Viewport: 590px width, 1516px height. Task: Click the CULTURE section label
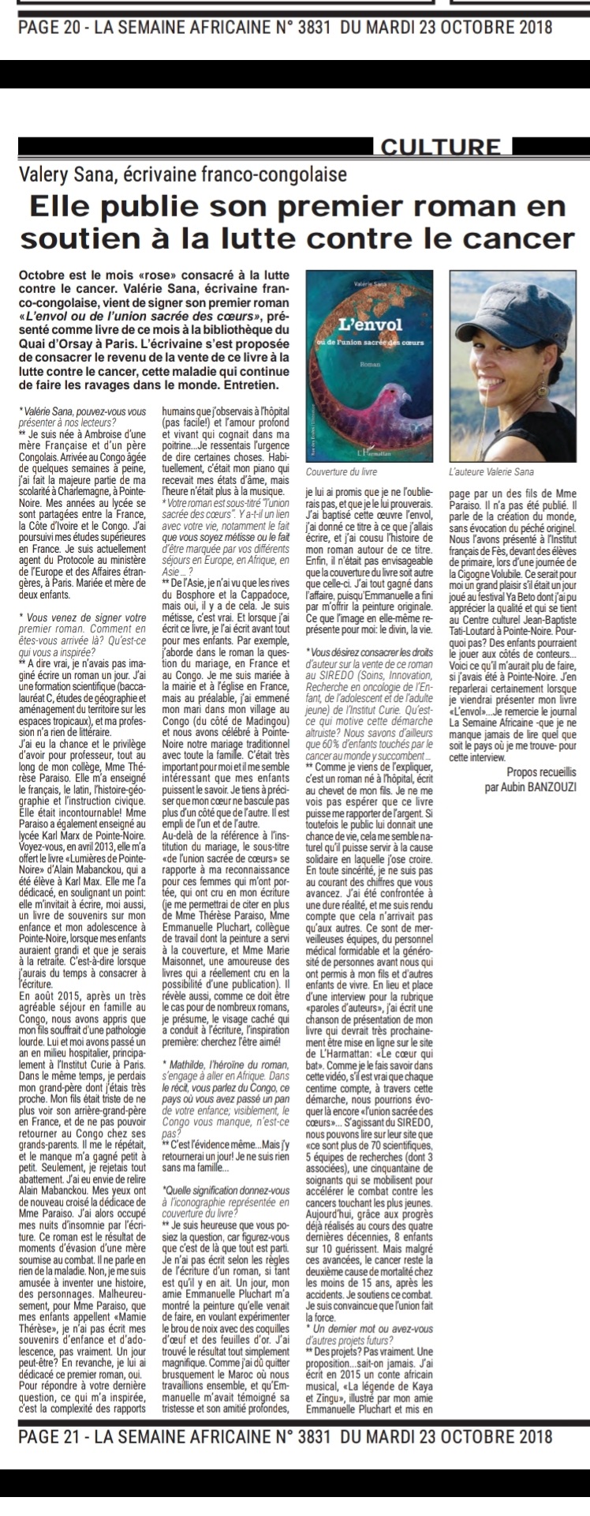[440, 147]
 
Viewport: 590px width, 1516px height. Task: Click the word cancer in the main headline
[521, 237]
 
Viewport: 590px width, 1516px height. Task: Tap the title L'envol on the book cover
[370, 325]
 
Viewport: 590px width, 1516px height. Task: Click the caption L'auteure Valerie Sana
[490, 472]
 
